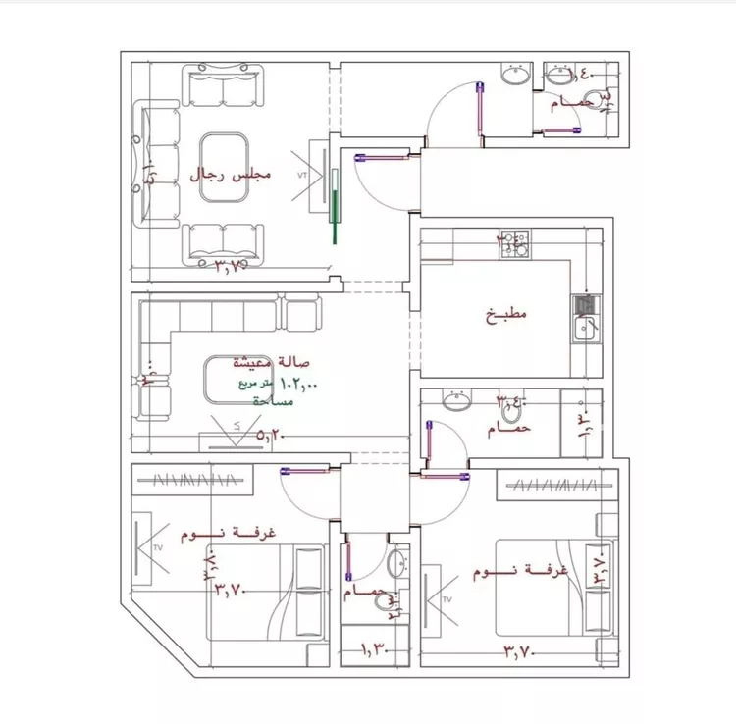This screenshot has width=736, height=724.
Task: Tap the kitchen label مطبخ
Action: pyautogui.click(x=506, y=315)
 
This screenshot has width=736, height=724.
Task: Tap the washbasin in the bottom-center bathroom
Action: pyautogui.click(x=394, y=564)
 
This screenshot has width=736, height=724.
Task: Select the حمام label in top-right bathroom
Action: pyautogui.click(x=569, y=103)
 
